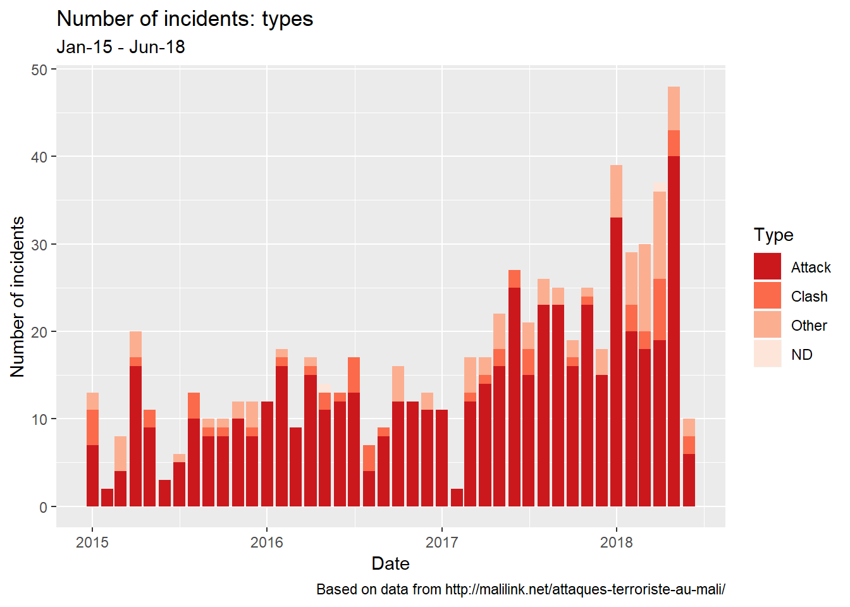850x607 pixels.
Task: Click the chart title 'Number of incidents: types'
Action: pos(185,19)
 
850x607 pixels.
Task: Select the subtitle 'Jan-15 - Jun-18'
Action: pos(120,47)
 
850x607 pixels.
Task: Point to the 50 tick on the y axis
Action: pos(39,70)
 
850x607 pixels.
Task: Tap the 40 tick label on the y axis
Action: pos(39,157)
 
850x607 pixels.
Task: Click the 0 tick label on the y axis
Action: pos(43,507)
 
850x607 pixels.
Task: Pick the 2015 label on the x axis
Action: pos(92,542)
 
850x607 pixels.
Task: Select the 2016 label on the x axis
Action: pos(267,542)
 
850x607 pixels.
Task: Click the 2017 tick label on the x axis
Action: pos(441,542)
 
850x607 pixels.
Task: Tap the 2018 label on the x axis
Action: pos(616,542)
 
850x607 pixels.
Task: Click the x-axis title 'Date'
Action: pos(390,563)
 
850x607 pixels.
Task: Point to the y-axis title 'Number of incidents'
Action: pos(18,297)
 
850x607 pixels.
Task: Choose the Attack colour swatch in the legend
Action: pos(767,267)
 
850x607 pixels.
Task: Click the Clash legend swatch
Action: pos(767,296)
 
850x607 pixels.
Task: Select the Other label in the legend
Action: pos(809,326)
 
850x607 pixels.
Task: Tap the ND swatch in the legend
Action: pos(767,354)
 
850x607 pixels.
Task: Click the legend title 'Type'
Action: pos(773,235)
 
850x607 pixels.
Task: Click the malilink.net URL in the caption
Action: pos(585,590)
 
